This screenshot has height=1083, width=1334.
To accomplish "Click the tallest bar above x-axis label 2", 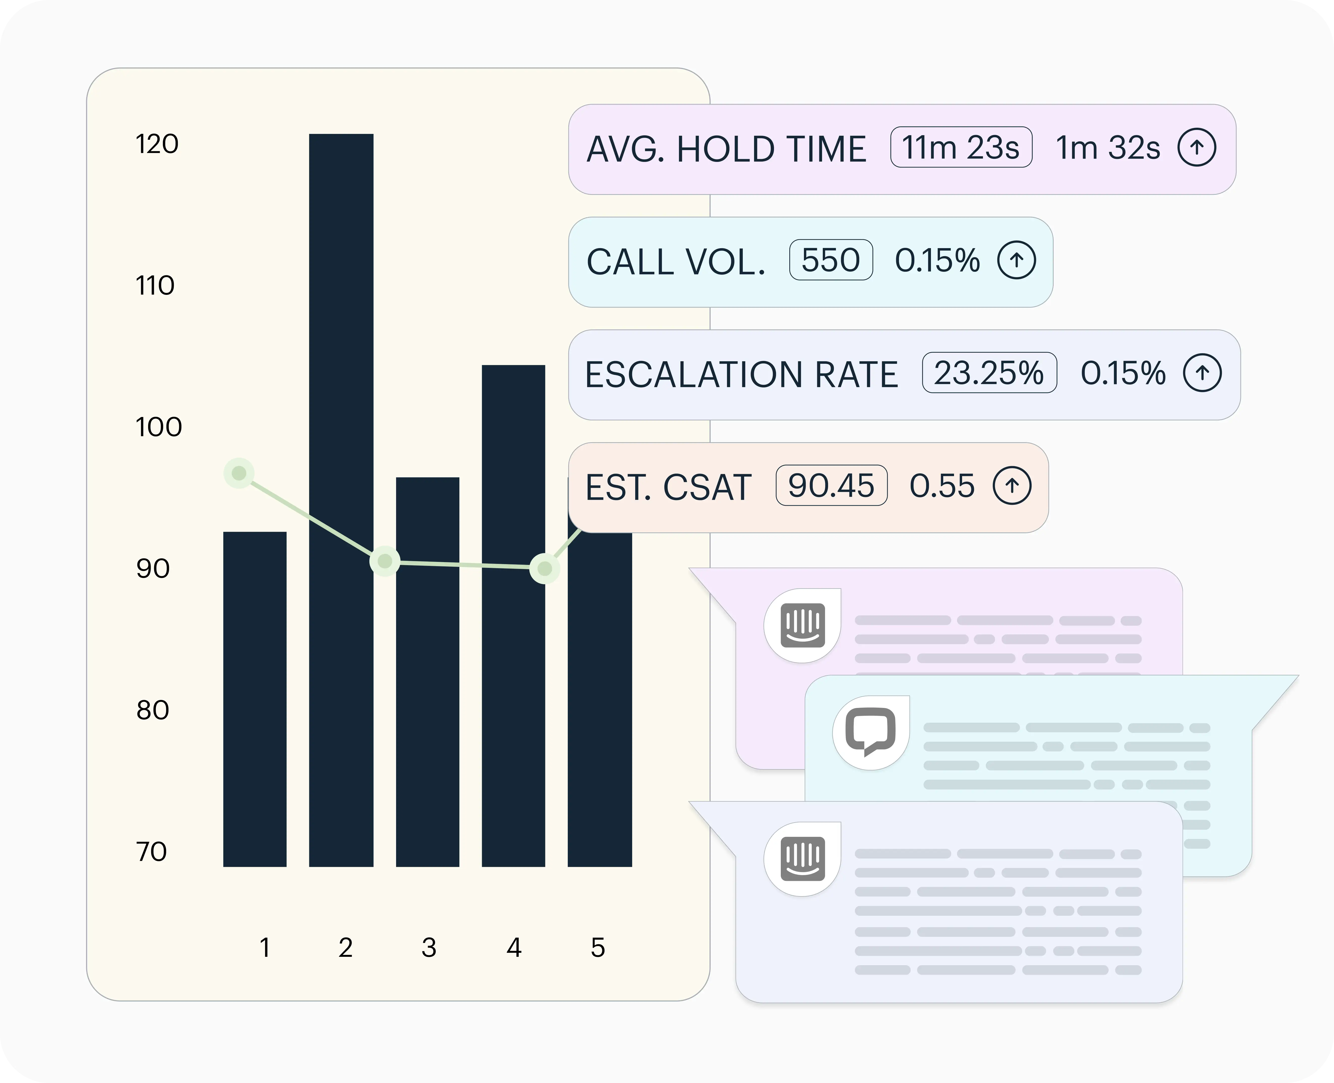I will [341, 499].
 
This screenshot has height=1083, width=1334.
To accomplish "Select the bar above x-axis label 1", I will [254, 699].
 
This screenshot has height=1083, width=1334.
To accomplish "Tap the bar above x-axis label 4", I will [513, 624].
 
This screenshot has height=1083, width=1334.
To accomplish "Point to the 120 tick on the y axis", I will [157, 144].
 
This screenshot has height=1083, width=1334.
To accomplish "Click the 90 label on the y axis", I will [153, 568].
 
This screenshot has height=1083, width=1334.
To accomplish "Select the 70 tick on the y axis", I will [152, 851].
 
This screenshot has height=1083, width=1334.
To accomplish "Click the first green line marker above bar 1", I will [239, 474].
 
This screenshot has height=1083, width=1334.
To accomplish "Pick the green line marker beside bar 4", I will [545, 568].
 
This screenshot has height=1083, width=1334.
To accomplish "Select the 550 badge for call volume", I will [831, 260].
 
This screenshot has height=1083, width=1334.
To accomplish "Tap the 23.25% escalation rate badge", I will [989, 373].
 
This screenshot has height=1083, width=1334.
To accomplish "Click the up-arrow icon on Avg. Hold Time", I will [1196, 148].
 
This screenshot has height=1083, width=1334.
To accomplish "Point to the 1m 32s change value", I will [1107, 148].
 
